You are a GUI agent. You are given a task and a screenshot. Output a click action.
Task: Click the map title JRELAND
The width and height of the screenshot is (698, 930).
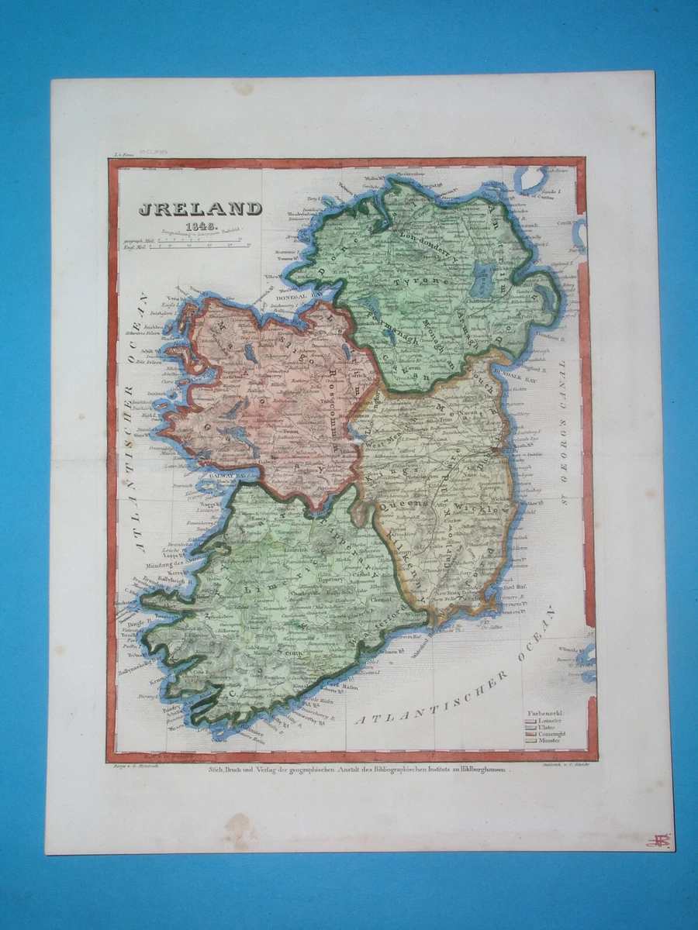pyautogui.click(x=200, y=208)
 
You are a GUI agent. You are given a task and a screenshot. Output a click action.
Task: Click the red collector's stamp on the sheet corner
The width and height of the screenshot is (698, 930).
pyautogui.click(x=658, y=840)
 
